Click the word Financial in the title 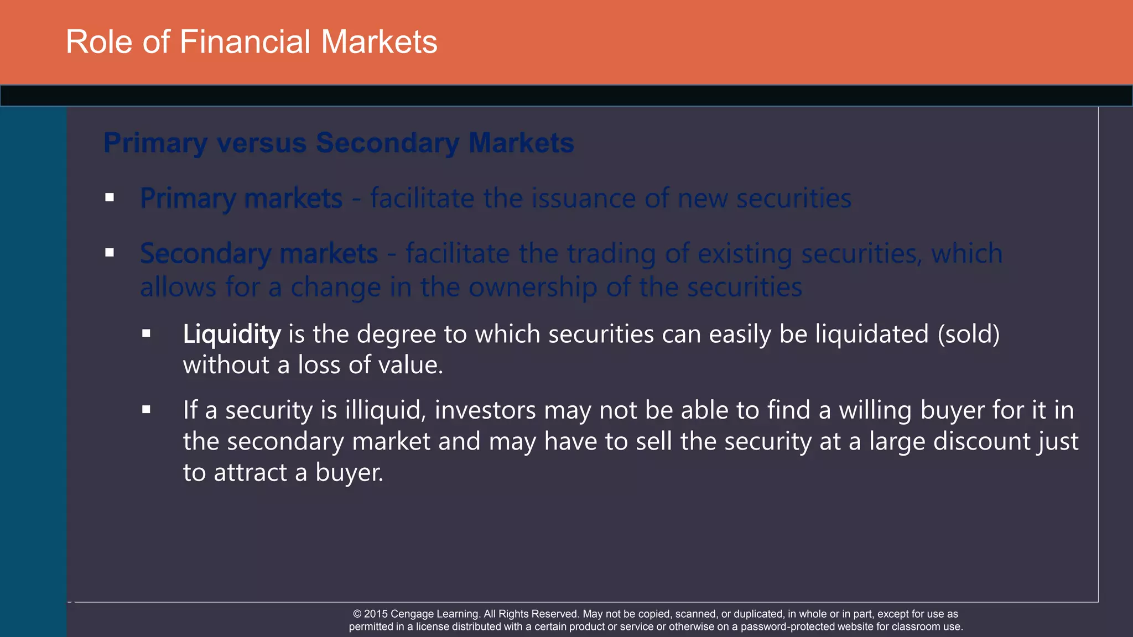coord(245,42)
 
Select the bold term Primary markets coord(241,199)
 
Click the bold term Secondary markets coord(259,254)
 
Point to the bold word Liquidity coord(232,334)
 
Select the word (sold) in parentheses coord(968,334)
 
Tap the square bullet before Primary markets coord(110,197)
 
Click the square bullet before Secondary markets coord(110,253)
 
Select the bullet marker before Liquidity coord(146,333)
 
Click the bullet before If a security coord(146,410)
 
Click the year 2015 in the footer coord(376,614)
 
